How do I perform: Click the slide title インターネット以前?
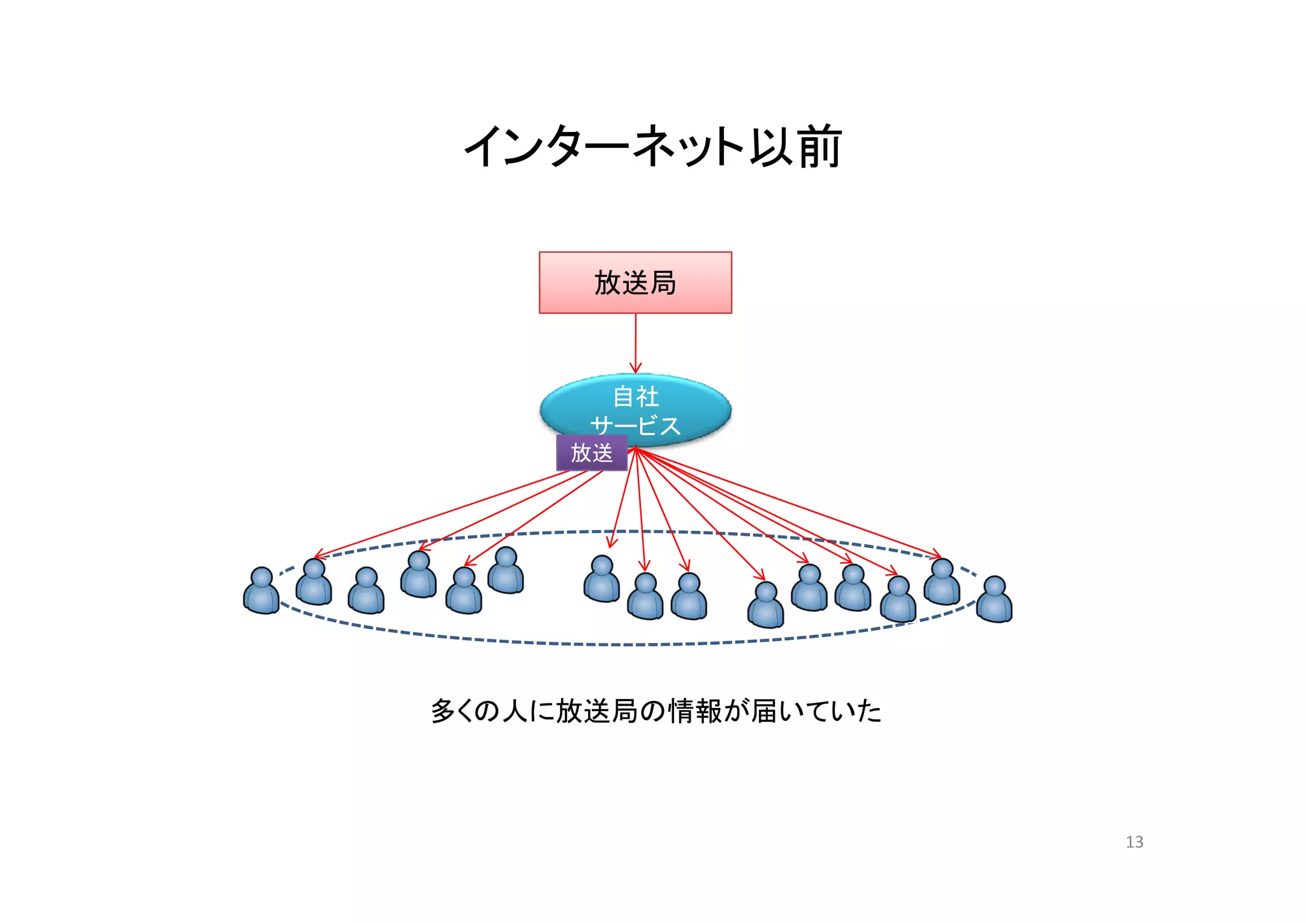click(653, 147)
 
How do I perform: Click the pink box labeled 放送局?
click(635, 283)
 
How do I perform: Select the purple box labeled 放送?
click(591, 453)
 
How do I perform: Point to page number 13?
click(1134, 842)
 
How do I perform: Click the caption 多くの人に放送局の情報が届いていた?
click(656, 711)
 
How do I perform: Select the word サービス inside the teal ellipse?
click(635, 425)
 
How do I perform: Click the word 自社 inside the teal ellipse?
click(635, 397)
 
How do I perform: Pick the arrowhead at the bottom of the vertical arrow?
click(635, 369)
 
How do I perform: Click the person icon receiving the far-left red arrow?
click(314, 582)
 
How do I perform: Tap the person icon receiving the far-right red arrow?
click(942, 582)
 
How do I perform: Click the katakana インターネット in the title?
click(603, 147)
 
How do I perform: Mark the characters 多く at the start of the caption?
click(457, 711)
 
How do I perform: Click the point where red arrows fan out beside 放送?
click(635, 449)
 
